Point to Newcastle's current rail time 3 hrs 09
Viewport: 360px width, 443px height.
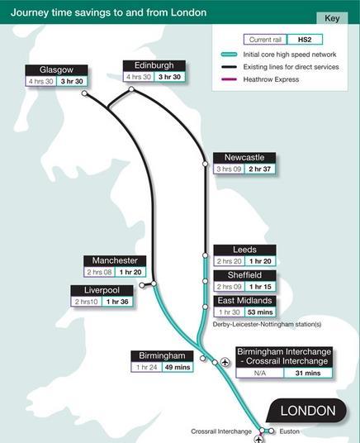click(228, 169)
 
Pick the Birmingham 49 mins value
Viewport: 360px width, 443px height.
click(177, 367)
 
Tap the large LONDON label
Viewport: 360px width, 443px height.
click(308, 411)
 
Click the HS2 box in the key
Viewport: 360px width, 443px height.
click(305, 39)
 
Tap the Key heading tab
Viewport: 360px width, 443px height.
click(332, 17)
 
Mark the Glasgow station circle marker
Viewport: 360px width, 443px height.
click(85, 93)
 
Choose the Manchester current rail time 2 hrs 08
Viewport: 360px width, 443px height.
click(98, 272)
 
